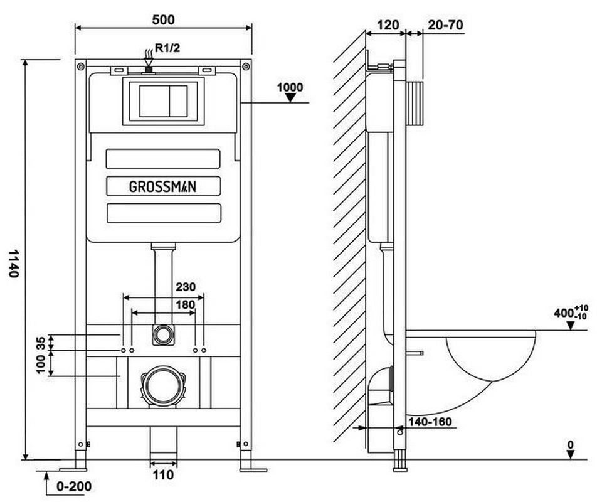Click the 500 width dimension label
tap(163, 19)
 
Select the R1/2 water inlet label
tap(167, 48)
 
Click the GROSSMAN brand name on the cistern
tap(163, 186)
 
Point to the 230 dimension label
tap(186, 287)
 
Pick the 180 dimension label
tap(185, 304)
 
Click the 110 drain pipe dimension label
tap(163, 475)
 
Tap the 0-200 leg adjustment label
tap(74, 487)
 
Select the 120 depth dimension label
tap(388, 25)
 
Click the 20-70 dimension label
tap(445, 25)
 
